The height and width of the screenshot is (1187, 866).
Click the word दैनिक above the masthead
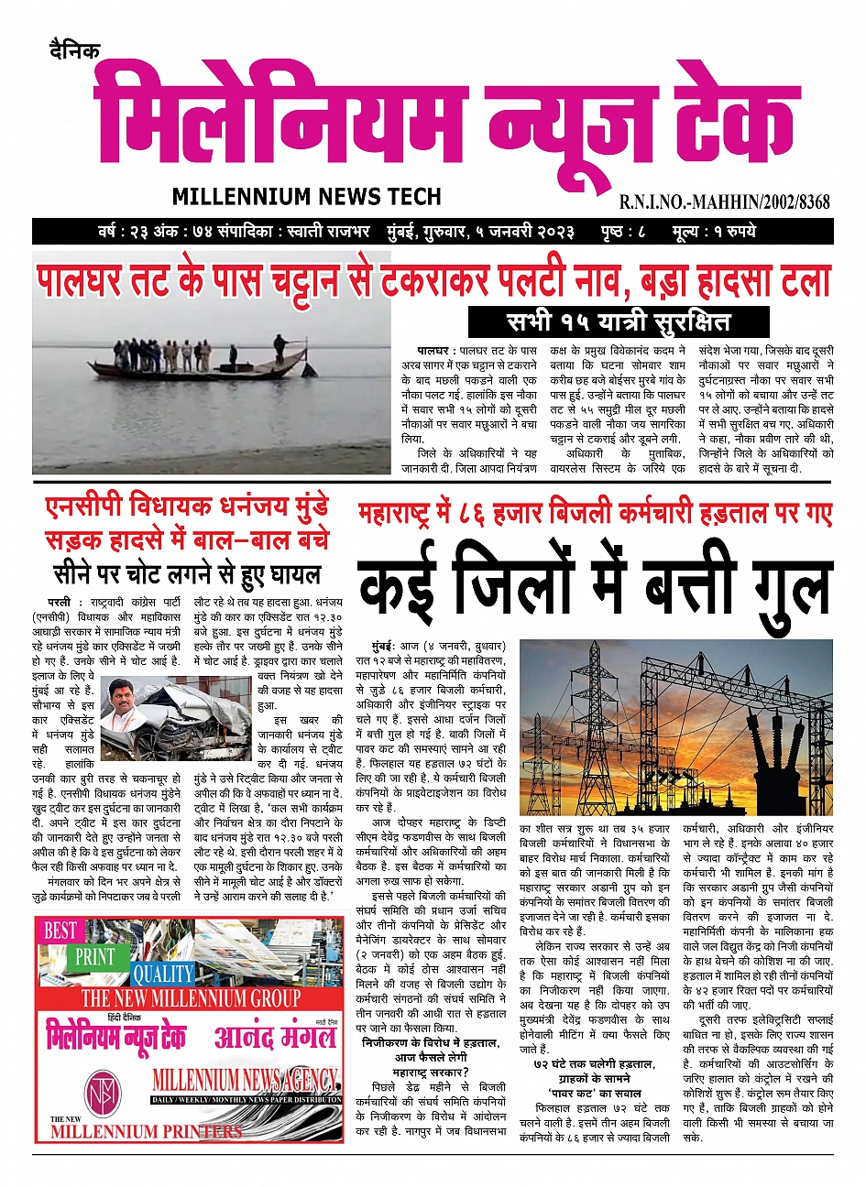[x=75, y=51]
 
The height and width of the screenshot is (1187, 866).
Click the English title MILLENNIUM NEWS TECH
[x=306, y=197]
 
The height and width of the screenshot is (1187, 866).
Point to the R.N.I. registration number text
[x=724, y=201]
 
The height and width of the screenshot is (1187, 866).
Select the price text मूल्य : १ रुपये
[x=713, y=231]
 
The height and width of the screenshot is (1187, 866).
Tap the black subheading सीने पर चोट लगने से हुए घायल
[x=187, y=575]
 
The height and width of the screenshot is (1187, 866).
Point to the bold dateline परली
[x=60, y=603]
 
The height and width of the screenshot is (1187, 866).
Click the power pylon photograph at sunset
[x=676, y=714]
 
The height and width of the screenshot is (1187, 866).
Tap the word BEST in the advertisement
[x=60, y=931]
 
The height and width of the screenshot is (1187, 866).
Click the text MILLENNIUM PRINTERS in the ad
[x=147, y=1132]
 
